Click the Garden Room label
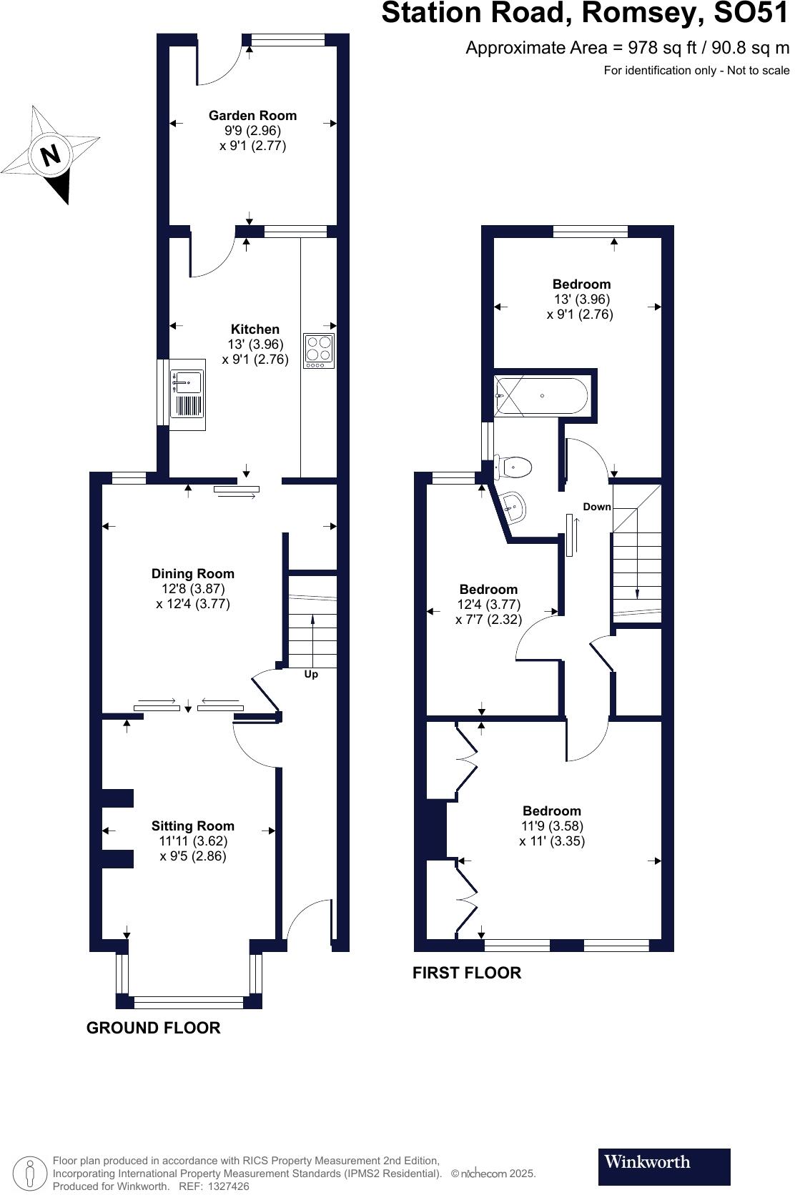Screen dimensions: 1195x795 (x=252, y=115)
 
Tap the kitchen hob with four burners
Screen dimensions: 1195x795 (x=319, y=350)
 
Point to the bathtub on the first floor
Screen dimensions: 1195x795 (x=541, y=396)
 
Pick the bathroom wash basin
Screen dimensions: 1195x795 (x=514, y=506)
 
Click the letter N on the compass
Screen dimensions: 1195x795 (x=50, y=155)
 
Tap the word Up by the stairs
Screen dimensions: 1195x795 (x=311, y=674)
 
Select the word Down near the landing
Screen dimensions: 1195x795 (x=597, y=507)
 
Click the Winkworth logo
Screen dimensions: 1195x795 (x=663, y=1166)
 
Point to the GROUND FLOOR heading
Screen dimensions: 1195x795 (x=153, y=1028)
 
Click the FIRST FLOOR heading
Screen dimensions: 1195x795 (x=467, y=973)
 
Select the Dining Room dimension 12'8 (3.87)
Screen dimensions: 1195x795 (x=193, y=588)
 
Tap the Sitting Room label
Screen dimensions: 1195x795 (x=193, y=825)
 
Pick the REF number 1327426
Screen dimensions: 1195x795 (x=228, y=1186)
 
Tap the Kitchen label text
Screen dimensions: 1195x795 (x=255, y=329)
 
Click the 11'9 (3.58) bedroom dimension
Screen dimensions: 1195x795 (x=552, y=825)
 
